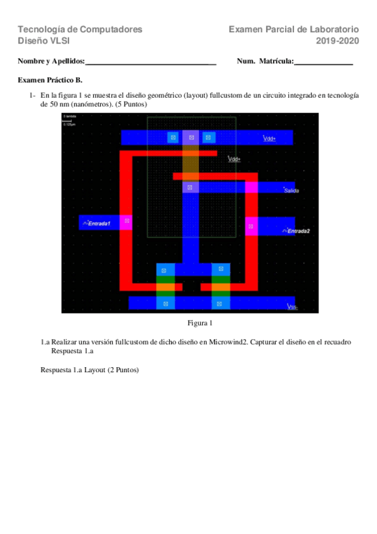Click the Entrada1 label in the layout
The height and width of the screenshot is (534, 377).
(99, 223)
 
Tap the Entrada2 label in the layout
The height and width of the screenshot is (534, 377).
(298, 230)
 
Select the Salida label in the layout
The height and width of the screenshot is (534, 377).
(291, 190)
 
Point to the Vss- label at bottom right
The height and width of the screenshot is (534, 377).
(292, 307)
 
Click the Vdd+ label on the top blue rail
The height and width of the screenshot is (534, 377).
(269, 139)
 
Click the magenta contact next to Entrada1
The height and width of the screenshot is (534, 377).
(127, 221)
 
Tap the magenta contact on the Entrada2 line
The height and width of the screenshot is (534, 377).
(251, 225)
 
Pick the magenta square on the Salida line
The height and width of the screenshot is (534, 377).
(252, 187)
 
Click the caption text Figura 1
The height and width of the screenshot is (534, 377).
(200, 323)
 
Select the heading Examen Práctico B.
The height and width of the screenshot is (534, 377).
(50, 81)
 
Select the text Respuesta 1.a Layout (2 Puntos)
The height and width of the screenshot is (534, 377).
(89, 370)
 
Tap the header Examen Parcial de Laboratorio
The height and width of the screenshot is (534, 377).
(294, 29)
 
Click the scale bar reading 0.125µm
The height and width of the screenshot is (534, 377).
(69, 124)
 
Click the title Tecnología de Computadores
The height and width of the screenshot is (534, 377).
(80, 29)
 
